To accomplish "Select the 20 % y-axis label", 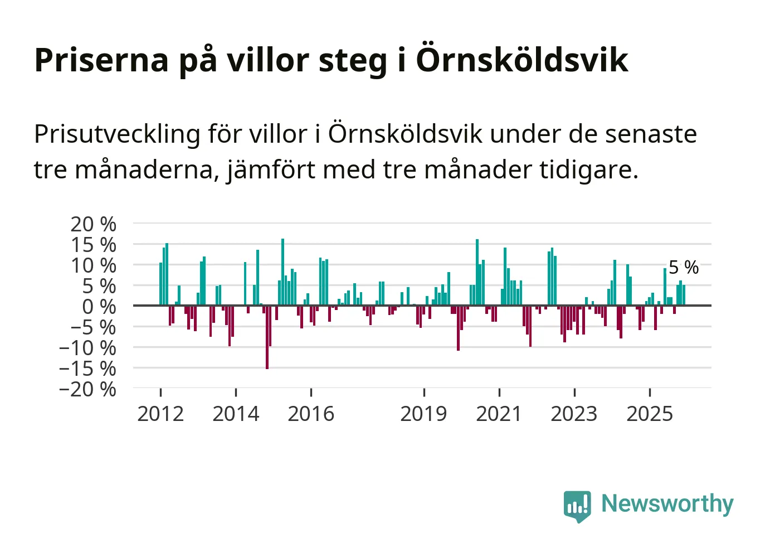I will [x=93, y=224].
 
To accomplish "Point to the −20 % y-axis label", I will [x=87, y=389].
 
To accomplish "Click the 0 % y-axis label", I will [x=99, y=307].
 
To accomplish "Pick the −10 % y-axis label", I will [x=87, y=348].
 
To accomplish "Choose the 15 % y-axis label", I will [x=93, y=245].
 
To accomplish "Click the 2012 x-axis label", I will [x=160, y=414].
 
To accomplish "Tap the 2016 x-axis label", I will [x=311, y=414].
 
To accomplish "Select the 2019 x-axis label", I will [x=423, y=414].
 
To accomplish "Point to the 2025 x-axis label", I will [x=650, y=414].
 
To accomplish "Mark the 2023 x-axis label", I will [x=574, y=414].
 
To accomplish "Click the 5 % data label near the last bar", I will [x=684, y=268].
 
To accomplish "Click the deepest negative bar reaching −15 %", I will [x=267, y=337].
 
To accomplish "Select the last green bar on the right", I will [x=684, y=295].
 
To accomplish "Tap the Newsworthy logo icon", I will [x=577, y=506].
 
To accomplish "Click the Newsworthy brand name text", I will [x=667, y=503].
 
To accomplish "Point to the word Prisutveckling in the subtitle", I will [x=117, y=134].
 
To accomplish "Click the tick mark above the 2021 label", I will [x=499, y=392].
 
